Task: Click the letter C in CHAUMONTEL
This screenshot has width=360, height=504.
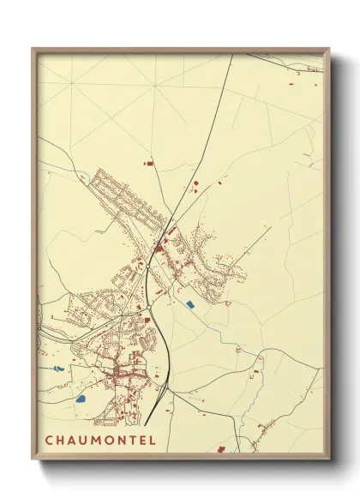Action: tap(49, 441)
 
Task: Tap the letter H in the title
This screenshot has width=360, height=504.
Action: tap(61, 441)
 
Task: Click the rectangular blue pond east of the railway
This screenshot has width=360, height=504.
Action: tap(190, 303)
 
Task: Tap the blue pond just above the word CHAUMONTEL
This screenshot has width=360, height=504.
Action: tap(81, 399)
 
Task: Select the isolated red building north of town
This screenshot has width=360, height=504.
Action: tap(148, 161)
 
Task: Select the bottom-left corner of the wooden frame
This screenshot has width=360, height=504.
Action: tap(33, 460)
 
